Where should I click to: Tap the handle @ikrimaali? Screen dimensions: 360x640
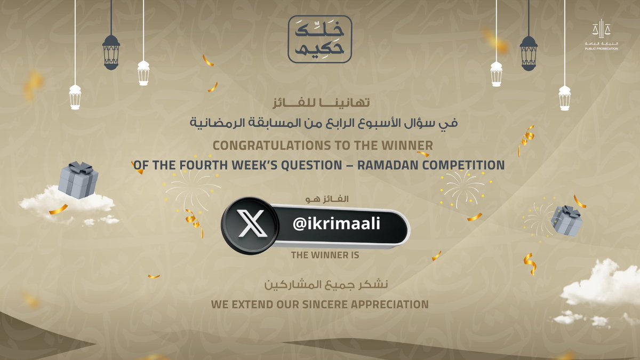(337, 225)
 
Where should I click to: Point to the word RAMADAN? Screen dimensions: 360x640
(383, 165)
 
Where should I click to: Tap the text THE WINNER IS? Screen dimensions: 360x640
(325, 255)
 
